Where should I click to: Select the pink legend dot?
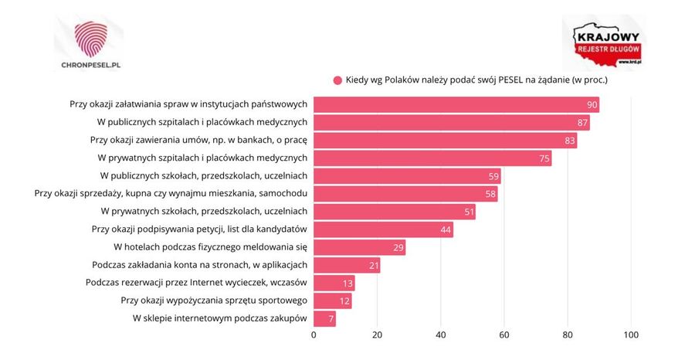pos(337,80)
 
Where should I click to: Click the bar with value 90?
pos(456,104)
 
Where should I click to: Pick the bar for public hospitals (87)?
pos(451,122)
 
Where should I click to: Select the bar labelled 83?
pos(445,141)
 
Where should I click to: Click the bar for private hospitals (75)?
pos(432,158)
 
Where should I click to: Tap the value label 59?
pos(494,176)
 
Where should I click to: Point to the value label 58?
pos(491,194)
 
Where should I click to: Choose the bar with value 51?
pos(394,212)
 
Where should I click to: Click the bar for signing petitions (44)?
pos(383,229)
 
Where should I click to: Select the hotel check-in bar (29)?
pos(359,247)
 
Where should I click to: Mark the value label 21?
pos(374,265)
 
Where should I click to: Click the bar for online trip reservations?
pos(334,283)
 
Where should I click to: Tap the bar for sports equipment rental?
pos(332,301)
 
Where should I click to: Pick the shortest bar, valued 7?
pos(324,318)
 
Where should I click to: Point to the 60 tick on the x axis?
pos(504,335)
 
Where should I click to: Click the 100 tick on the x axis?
pos(631,335)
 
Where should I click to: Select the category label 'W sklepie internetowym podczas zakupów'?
pos(220,318)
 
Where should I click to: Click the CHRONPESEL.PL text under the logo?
pos(90,65)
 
